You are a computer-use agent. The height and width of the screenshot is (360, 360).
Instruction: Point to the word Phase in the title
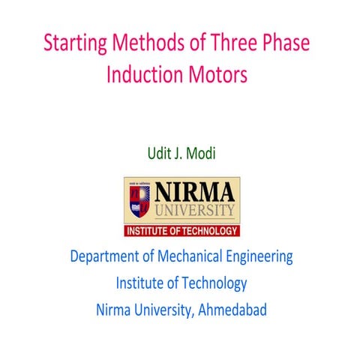click(286, 43)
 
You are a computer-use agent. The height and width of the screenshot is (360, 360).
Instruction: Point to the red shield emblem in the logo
click(139, 199)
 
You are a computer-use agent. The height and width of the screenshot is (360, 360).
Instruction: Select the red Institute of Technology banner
click(182, 230)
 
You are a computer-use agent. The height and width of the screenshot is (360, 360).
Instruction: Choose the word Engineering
click(259, 256)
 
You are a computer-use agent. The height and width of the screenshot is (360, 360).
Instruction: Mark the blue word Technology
click(214, 283)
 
